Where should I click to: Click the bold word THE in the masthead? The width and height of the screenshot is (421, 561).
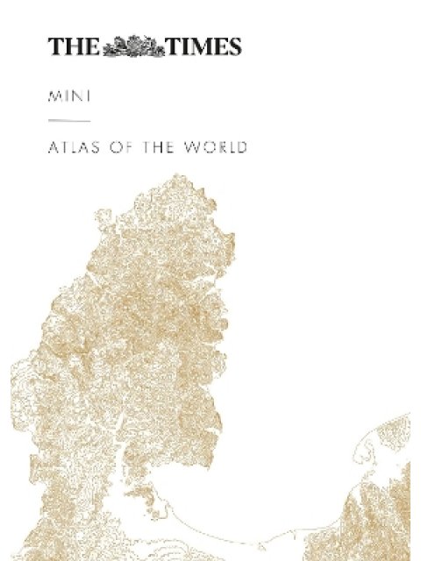coord(74,47)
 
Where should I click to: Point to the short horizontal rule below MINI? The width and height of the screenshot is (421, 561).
coord(69,119)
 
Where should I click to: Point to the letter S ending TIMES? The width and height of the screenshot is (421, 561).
coord(233,47)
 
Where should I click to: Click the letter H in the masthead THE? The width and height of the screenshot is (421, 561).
coord(74,47)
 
